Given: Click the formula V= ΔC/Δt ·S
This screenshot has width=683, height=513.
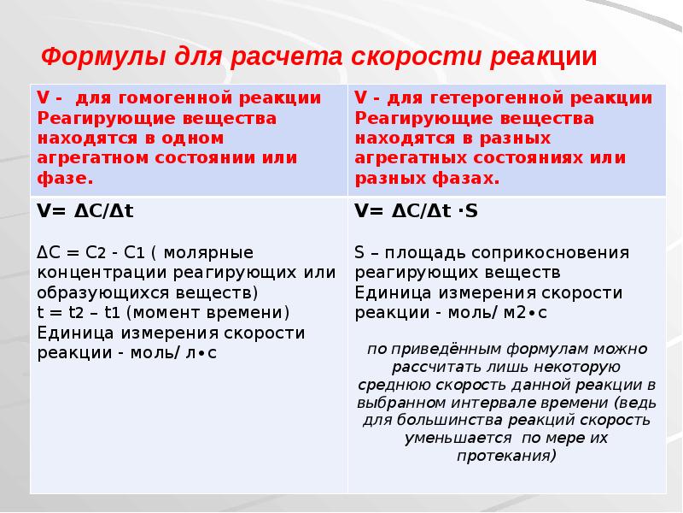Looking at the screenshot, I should pyautogui.click(x=416, y=211).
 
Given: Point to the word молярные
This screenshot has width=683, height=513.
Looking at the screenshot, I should pyautogui.click(x=208, y=253).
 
